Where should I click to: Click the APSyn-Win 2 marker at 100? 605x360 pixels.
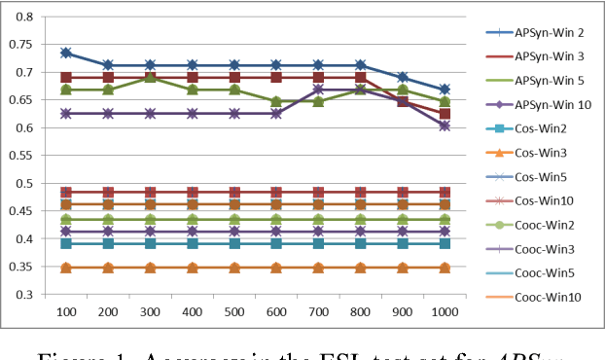[66, 53]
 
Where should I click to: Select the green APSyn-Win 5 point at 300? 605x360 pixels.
[151, 77]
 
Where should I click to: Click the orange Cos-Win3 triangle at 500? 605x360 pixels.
[234, 268]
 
